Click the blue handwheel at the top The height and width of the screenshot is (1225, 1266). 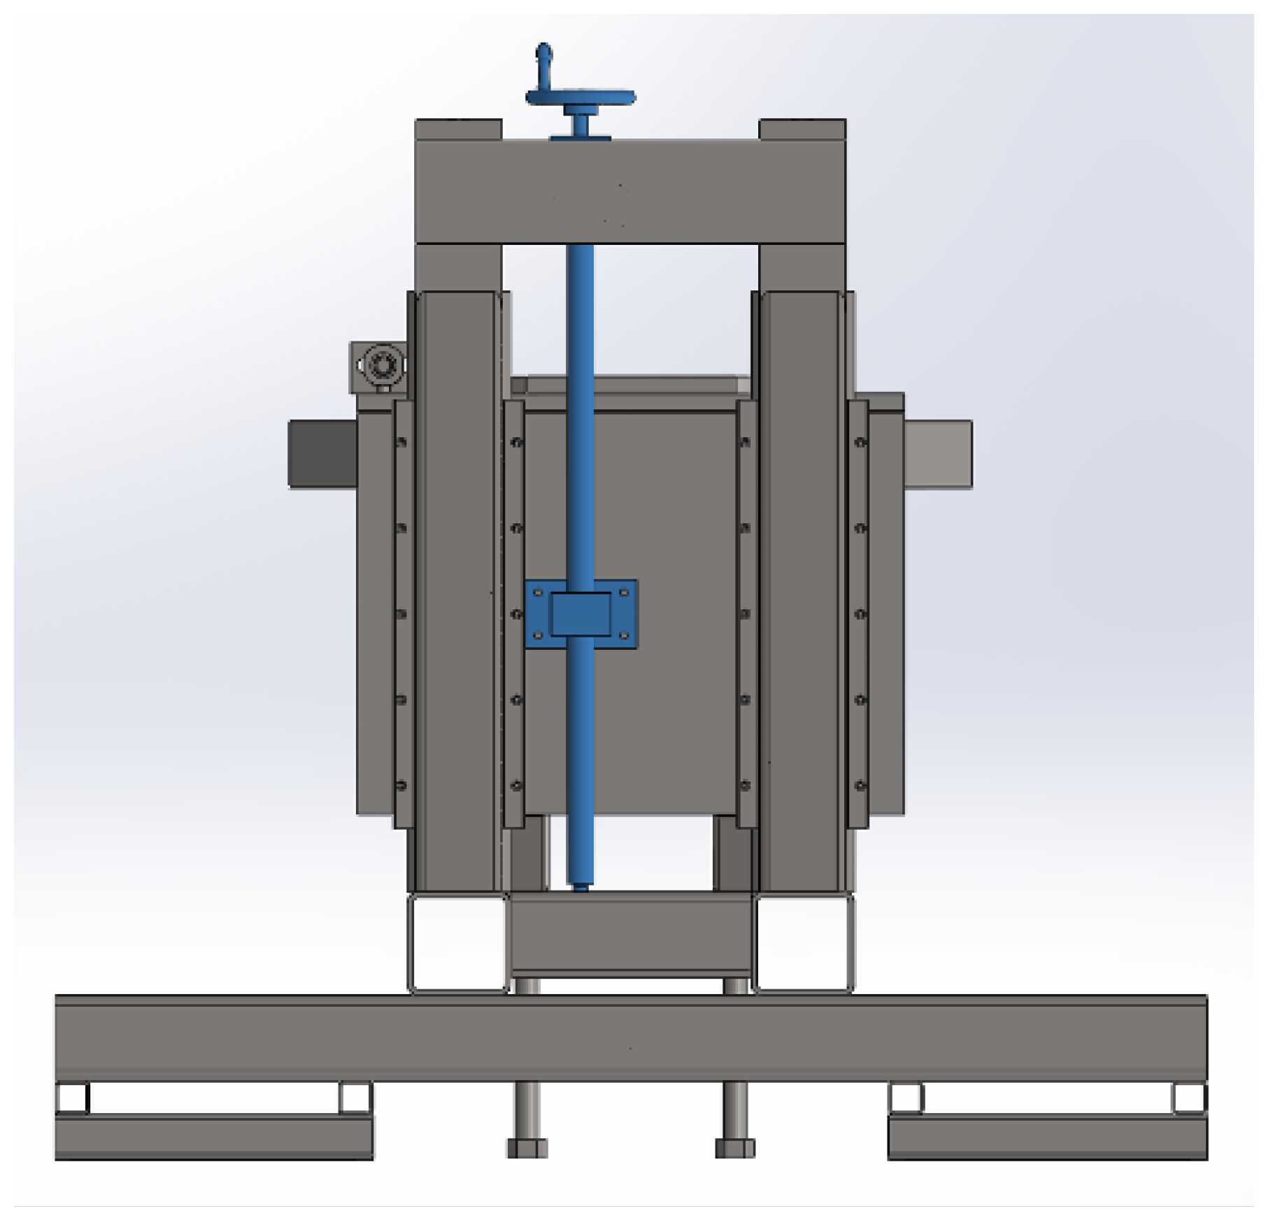(581, 98)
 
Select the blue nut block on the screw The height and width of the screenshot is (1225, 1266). (581, 614)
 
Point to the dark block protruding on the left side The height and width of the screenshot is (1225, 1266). (322, 453)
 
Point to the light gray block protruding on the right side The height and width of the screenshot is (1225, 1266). (937, 453)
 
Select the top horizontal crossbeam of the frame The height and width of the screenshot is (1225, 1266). (630, 191)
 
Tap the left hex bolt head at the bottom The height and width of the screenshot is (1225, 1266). (527, 1148)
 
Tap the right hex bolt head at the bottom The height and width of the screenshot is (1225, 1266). (735, 1148)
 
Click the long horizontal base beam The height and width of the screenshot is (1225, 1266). (630, 1037)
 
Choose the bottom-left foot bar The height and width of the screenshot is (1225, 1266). (213, 1136)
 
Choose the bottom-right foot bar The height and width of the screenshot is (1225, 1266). (1047, 1136)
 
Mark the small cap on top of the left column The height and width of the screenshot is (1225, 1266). (458, 129)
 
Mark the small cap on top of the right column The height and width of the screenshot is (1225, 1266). (802, 129)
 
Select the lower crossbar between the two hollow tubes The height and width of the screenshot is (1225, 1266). (631, 934)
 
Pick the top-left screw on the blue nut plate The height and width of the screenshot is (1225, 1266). (538, 593)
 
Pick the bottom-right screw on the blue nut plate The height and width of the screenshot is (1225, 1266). (624, 635)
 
